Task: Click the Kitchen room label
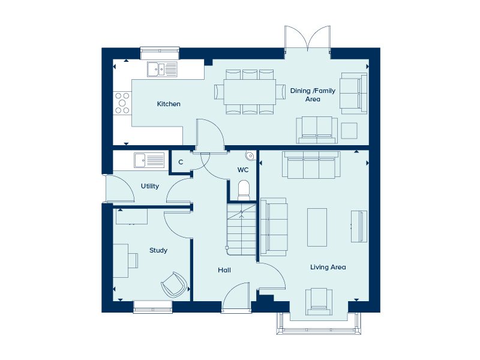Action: click(x=169, y=104)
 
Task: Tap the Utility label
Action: click(x=150, y=186)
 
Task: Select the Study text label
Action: click(x=158, y=250)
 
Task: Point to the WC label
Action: click(x=243, y=170)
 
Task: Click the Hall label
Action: click(x=224, y=270)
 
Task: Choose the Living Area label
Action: click(x=328, y=267)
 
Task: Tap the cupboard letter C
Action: click(x=181, y=162)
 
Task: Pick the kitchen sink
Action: click(x=162, y=69)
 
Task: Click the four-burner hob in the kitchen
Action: click(x=122, y=103)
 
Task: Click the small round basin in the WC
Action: click(x=250, y=155)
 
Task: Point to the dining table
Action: click(x=250, y=92)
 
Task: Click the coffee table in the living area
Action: click(x=317, y=227)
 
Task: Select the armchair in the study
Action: click(x=173, y=284)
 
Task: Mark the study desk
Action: click(x=121, y=260)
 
